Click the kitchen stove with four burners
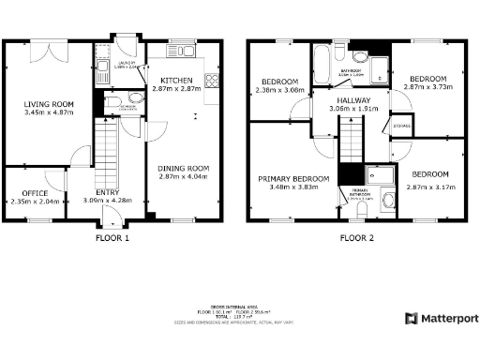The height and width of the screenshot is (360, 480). [x=212, y=82]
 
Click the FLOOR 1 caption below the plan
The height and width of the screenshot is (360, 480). [x=112, y=238]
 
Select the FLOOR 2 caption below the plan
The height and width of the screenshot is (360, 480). [x=357, y=238]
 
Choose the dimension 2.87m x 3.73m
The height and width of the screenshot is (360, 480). [x=427, y=85]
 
